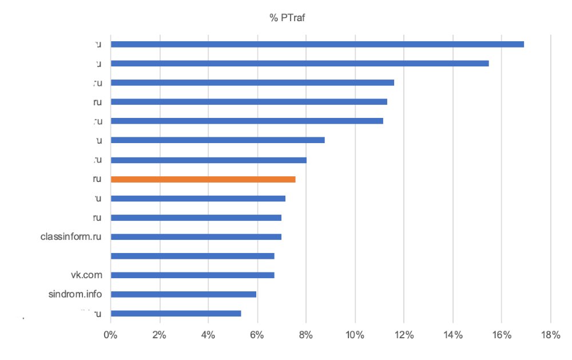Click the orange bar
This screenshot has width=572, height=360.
pos(203,179)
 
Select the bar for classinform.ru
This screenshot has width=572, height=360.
pos(196,237)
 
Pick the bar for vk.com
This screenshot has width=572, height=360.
pos(192,275)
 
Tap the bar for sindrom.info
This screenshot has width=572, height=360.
pos(183,295)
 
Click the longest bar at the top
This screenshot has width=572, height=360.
pos(317,44)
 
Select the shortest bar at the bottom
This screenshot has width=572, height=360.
pos(176,314)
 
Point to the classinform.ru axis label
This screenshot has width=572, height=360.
pos(71,237)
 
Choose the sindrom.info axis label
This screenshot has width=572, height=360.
pos(76,295)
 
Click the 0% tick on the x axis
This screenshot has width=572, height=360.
pos(110,335)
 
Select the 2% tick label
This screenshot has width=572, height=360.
pos(159,335)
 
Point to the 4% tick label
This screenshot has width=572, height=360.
pos(208,335)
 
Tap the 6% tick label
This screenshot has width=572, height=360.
pos(257,335)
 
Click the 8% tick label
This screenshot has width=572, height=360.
pos(306,335)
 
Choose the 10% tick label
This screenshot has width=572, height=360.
pos(355,335)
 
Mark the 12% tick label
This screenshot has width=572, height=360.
pos(404,335)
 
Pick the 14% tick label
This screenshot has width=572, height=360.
pos(452,335)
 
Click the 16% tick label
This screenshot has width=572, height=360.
pos(502,335)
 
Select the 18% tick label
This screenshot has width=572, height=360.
pos(550,335)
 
